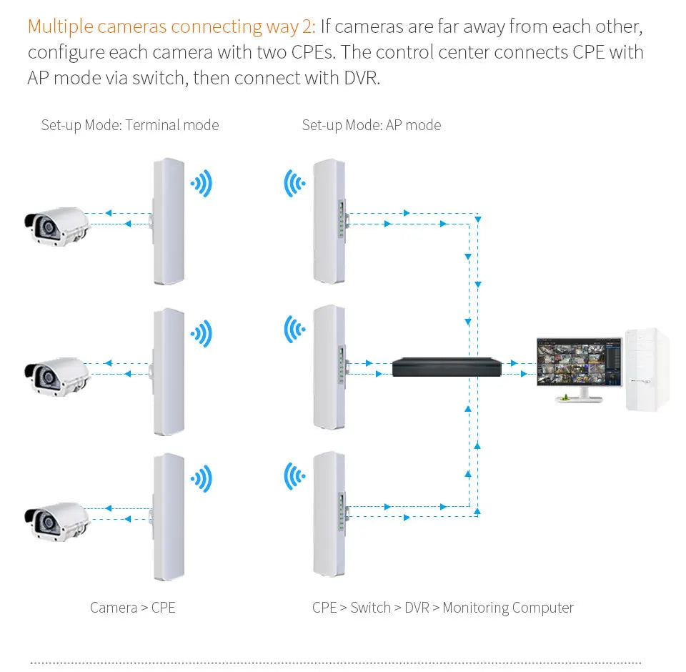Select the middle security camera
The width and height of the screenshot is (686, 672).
click(56, 374)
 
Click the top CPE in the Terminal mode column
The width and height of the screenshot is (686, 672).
click(169, 222)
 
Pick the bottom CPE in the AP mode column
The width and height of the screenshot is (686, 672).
click(329, 513)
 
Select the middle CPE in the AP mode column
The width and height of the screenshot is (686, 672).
click(329, 367)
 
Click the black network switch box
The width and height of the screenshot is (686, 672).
click(447, 367)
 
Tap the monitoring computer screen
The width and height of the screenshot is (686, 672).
click(579, 362)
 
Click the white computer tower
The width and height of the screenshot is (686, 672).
click(647, 369)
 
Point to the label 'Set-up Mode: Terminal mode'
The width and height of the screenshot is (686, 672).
click(130, 125)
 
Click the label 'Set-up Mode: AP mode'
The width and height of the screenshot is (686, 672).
click(372, 125)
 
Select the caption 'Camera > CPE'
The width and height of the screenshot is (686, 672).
click(132, 608)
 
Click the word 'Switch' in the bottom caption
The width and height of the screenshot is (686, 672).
click(370, 608)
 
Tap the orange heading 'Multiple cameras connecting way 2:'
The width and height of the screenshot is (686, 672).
click(171, 27)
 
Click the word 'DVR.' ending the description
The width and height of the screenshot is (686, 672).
click(360, 77)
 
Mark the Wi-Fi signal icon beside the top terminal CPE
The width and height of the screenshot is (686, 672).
click(202, 184)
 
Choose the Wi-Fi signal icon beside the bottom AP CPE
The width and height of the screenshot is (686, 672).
click(294, 477)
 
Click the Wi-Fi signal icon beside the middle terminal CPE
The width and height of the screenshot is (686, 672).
click(202, 333)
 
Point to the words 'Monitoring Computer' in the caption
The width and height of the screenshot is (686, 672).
click(508, 608)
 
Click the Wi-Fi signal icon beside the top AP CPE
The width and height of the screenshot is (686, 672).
click(294, 184)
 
